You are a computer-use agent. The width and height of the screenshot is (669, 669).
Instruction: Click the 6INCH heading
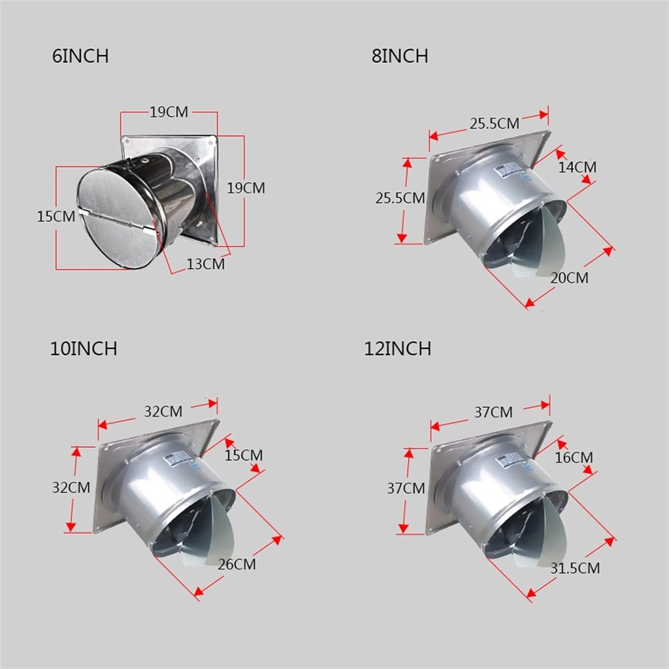(80, 56)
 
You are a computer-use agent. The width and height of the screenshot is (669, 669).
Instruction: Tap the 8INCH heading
(400, 56)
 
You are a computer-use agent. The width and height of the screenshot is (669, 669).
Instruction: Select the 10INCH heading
(84, 349)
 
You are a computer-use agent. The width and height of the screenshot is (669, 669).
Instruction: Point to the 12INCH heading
(398, 349)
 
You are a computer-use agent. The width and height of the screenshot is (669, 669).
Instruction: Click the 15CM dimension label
(56, 216)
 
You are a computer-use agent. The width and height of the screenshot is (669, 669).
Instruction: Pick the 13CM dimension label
(205, 264)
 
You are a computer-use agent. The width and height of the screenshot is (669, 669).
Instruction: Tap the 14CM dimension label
(577, 167)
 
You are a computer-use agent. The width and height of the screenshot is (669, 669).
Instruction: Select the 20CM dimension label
(568, 278)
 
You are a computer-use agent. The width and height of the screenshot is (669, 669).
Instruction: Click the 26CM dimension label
(237, 564)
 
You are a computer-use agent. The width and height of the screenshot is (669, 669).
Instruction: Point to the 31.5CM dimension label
(575, 568)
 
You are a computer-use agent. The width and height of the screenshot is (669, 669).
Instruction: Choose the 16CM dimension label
(574, 457)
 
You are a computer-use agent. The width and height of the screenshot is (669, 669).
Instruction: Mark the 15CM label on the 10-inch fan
(244, 455)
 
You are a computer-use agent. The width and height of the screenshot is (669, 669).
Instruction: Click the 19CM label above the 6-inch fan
(169, 112)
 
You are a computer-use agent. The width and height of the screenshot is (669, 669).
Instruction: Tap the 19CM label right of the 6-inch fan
(246, 188)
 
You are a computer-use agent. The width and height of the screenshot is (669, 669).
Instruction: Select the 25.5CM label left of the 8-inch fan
(400, 198)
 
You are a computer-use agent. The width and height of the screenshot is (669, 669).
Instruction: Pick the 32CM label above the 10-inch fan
(163, 412)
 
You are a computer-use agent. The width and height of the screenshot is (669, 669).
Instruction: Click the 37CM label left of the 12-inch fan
(406, 488)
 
